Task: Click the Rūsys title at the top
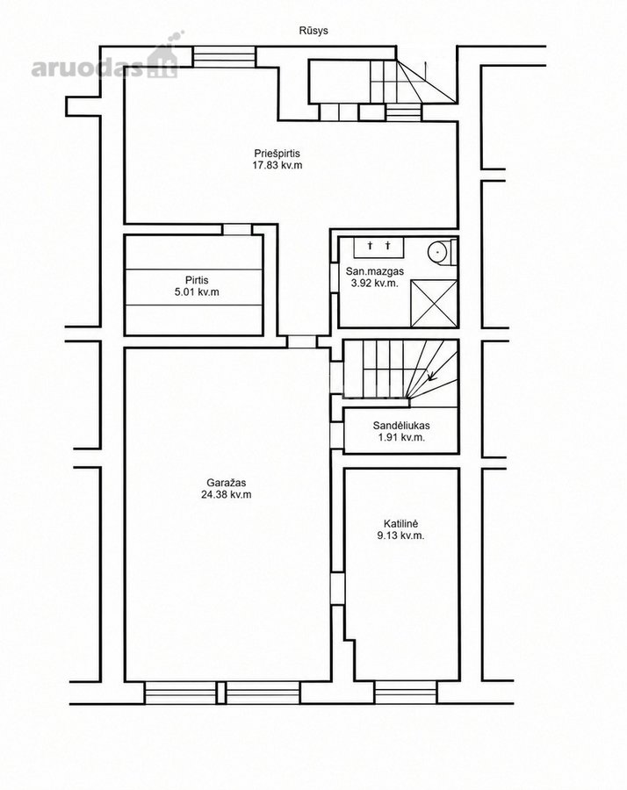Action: [313, 31]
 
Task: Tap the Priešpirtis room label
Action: [277, 153]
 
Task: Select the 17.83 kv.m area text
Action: [277, 165]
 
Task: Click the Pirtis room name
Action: [197, 280]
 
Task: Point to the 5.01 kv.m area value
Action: [197, 291]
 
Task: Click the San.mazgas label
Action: [374, 271]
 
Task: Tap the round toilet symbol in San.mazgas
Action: [437, 250]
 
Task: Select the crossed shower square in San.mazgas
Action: [434, 304]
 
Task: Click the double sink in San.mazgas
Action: [378, 247]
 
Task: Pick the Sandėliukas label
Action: [401, 426]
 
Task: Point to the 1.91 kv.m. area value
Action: [401, 437]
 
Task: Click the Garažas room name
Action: [227, 483]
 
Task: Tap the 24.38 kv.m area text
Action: [227, 495]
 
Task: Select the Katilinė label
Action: [400, 524]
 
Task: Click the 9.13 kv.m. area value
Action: [400, 535]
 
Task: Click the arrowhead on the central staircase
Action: [430, 376]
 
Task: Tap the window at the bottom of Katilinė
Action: [405, 693]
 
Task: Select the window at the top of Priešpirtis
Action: [225, 57]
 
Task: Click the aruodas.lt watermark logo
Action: [107, 58]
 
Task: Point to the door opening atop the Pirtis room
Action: [237, 230]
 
